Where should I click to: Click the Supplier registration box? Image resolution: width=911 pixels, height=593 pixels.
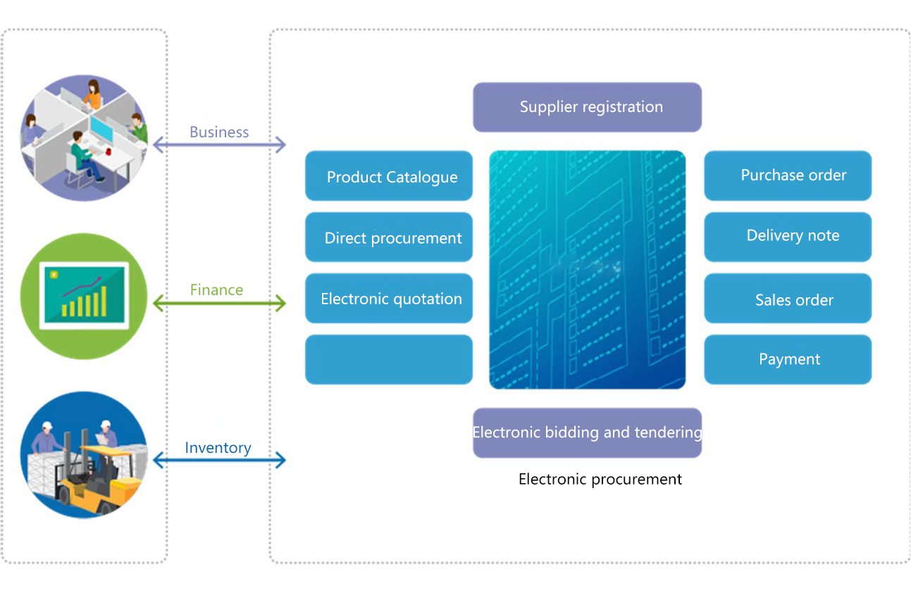point(587,107)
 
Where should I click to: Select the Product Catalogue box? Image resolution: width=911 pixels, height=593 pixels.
point(389,176)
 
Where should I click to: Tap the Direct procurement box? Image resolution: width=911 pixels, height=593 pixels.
point(389,237)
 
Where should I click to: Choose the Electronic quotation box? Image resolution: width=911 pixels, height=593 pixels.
point(389,299)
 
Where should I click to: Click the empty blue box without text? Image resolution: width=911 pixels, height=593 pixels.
point(389,359)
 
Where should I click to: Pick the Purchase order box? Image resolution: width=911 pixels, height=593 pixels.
point(788,175)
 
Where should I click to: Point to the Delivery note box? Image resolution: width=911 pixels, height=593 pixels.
point(788,237)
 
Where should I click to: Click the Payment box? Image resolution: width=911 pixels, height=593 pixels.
point(788,359)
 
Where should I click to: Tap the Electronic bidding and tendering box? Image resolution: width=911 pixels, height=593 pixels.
point(587,432)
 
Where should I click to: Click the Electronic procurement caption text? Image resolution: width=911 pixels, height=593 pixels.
point(600,480)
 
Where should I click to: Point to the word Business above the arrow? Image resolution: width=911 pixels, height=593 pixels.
point(219,132)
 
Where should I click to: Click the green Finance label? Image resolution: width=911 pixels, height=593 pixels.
point(216,289)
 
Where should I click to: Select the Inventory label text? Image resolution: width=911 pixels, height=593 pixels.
point(218,447)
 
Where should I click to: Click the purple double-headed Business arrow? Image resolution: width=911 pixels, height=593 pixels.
point(219,146)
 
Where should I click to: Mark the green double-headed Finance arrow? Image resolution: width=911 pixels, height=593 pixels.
point(219,304)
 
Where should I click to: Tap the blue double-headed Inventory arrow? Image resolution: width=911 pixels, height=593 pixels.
point(219,461)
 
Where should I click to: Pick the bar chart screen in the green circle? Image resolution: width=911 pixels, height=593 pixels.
point(85,295)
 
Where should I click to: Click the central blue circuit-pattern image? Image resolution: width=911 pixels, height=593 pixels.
point(587,269)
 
